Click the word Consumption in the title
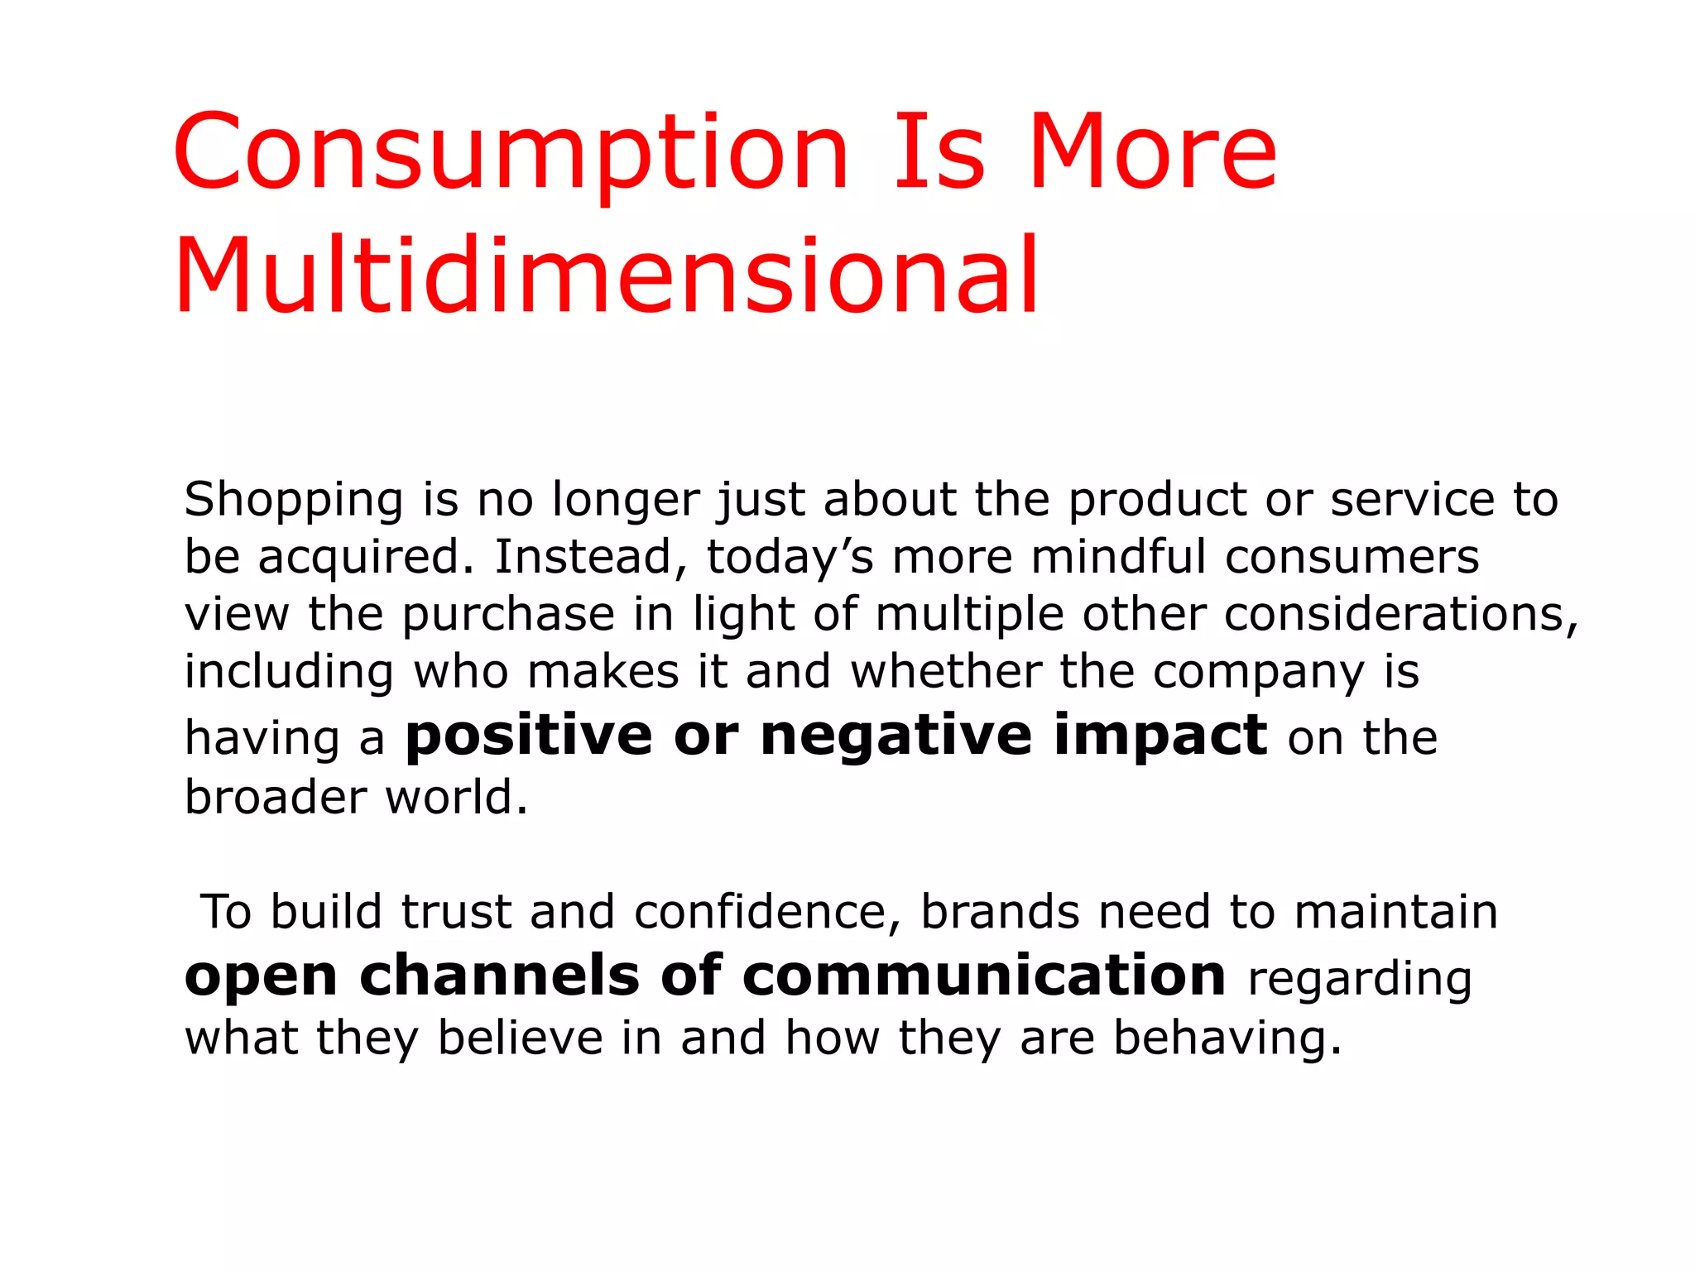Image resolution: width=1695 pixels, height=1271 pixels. tap(511, 153)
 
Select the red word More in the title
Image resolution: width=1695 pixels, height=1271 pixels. tap(1152, 153)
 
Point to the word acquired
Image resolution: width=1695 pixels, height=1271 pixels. tap(366, 557)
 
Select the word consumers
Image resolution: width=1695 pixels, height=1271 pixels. tap(1352, 556)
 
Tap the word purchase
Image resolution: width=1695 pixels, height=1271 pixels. tap(508, 616)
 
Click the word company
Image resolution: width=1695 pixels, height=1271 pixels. tap(1258, 673)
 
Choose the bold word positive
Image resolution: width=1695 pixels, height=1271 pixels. tap(528, 736)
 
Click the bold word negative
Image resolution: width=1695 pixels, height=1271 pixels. tap(896, 736)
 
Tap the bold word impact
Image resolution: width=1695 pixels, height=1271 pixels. tap(1160, 736)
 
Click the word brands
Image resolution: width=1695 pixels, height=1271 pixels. tap(1000, 913)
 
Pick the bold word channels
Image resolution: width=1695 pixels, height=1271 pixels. tap(499, 976)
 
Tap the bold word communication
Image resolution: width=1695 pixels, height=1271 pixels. tap(984, 976)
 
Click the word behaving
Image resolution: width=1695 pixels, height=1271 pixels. tap(1227, 1038)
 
